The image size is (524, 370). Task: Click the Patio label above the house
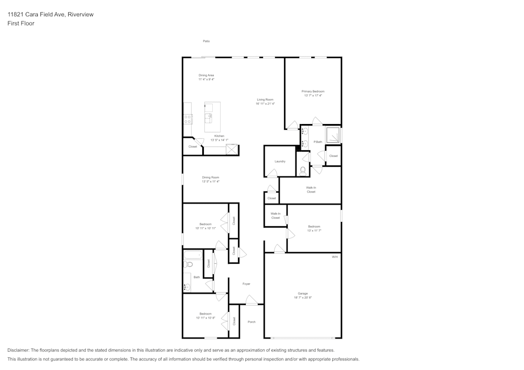(206, 41)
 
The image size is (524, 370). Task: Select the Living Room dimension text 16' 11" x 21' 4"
(265, 104)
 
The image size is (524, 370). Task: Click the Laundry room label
(280, 161)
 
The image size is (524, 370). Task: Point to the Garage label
(303, 294)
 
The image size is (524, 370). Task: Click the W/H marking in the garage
(335, 257)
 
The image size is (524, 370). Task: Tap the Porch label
(252, 322)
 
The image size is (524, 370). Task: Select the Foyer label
(246, 284)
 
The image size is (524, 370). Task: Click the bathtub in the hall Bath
(192, 255)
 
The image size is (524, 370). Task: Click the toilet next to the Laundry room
(302, 170)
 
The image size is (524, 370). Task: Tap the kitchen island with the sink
(212, 117)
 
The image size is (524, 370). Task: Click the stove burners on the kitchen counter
(187, 119)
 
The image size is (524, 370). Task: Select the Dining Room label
(211, 177)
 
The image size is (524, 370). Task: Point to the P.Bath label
(318, 142)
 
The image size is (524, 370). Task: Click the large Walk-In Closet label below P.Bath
(311, 189)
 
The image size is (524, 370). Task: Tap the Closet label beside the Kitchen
(193, 147)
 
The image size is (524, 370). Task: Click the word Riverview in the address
(81, 15)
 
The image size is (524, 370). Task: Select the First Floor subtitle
(21, 24)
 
